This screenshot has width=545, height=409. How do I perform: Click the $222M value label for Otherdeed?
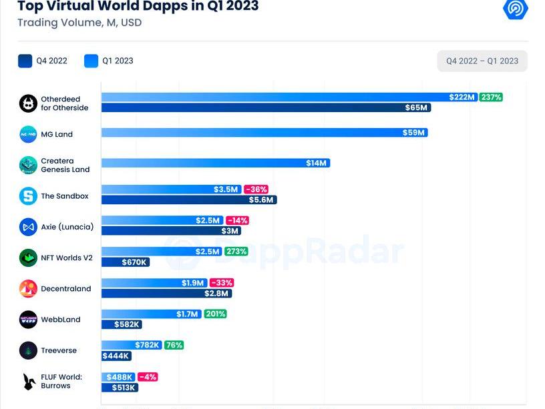(462, 97)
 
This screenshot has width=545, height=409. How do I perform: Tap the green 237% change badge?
(491, 97)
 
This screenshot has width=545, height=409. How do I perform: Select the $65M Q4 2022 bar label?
(417, 107)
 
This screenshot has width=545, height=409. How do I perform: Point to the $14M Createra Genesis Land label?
(316, 163)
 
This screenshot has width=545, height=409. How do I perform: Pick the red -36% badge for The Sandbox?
(256, 189)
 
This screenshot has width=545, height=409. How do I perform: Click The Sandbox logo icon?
(28, 196)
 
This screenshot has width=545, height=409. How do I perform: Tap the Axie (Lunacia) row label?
(67, 227)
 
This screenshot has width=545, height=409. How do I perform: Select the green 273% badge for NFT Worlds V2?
(236, 252)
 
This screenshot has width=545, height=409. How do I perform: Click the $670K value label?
(134, 262)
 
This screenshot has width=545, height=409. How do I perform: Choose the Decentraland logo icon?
(28, 289)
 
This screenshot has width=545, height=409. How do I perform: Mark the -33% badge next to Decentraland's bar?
(222, 283)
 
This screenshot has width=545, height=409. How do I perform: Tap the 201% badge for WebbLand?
(215, 314)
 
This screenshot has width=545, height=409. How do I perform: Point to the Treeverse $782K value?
(148, 345)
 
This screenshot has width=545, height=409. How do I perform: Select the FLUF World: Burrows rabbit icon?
(28, 382)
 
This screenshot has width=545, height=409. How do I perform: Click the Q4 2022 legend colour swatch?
(25, 61)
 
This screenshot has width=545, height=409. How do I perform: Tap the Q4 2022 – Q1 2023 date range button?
(482, 61)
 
